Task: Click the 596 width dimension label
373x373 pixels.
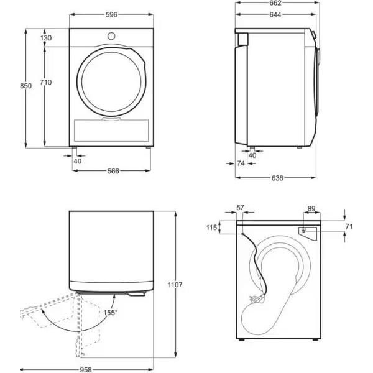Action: [111, 15]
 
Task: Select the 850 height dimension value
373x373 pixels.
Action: [25, 86]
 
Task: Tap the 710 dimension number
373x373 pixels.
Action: [45, 82]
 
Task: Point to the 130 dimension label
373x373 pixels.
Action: [46, 38]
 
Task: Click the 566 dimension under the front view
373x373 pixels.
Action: [113, 171]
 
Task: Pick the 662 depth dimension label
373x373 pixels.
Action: [275, 3]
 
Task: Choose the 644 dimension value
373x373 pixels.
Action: [275, 15]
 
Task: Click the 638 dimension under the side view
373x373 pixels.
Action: [277, 178]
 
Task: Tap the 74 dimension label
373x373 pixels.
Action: [241, 163]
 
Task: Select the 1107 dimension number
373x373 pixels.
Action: [175, 285]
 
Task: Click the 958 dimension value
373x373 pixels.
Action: [86, 369]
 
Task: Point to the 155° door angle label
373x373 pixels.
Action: [111, 313]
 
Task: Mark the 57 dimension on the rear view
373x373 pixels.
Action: [240, 208]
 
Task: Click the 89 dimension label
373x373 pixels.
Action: [311, 209]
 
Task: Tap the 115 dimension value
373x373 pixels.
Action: [211, 228]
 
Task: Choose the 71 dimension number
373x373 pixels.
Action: [349, 226]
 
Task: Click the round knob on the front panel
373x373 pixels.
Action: [111, 36]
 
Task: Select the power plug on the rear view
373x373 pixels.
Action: [256, 298]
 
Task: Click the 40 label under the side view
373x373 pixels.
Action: [252, 155]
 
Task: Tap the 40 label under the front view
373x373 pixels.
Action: [78, 161]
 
